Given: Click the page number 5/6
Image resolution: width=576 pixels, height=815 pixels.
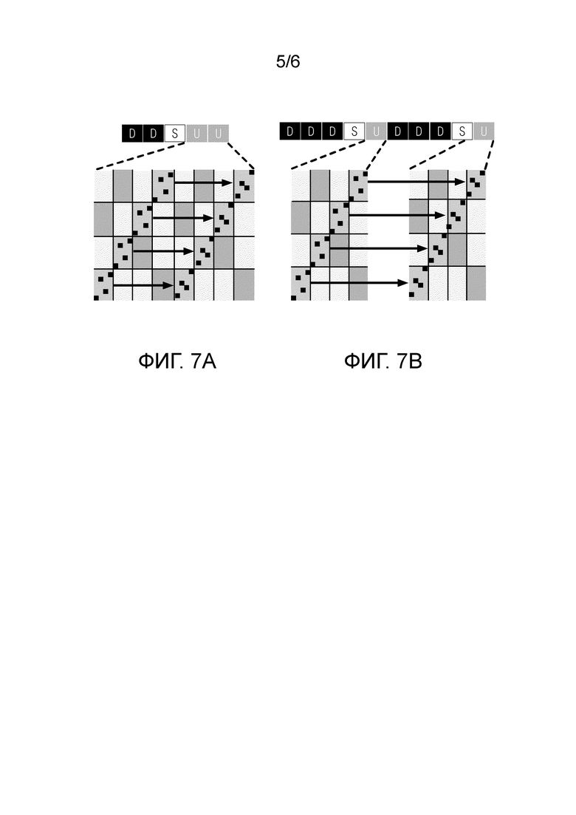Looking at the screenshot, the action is (288, 62).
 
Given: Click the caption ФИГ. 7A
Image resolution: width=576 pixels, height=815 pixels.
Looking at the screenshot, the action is (176, 361).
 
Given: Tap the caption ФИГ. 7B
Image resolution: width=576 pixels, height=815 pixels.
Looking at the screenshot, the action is (383, 361).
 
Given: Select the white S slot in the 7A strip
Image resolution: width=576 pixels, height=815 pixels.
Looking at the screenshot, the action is (175, 134).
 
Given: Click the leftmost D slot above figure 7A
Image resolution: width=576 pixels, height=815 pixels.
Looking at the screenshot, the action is (132, 134).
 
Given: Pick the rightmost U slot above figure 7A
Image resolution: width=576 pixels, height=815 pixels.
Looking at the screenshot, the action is (218, 134).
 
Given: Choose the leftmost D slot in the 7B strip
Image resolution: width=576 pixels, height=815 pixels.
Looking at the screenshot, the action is (289, 131).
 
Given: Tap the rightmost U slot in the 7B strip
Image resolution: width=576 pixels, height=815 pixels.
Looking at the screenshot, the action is (484, 131).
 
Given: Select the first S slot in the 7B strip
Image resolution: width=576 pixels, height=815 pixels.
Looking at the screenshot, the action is (354, 131).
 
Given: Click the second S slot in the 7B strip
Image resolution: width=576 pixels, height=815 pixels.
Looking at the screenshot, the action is (462, 131).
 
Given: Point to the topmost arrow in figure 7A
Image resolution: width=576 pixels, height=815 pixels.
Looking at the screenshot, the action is (203, 183).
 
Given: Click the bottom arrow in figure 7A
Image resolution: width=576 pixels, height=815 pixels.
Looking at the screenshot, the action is (143, 285).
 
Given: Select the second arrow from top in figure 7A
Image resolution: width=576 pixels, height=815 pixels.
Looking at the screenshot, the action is (183, 218).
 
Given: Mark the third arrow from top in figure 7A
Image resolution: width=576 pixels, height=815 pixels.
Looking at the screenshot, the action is (163, 251).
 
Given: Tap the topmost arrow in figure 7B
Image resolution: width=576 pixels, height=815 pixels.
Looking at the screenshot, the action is (416, 182).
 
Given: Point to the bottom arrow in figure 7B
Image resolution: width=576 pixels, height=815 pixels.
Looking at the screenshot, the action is (359, 283).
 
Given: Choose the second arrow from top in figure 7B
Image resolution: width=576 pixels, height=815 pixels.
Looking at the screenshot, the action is (397, 215).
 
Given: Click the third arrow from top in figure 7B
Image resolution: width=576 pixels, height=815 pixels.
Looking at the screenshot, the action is (378, 248).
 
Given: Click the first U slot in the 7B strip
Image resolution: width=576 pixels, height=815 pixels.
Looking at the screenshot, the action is (376, 131).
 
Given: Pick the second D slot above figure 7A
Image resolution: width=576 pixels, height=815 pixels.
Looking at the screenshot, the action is (154, 134).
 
